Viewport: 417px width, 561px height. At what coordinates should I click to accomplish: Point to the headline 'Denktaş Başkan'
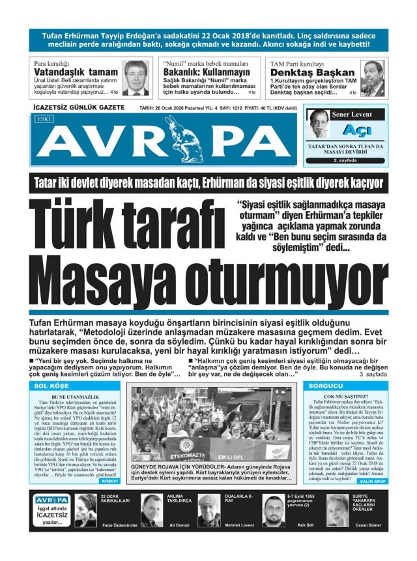pos(313,72)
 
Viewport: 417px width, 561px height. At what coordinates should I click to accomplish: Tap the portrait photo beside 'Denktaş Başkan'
pos(373,78)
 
